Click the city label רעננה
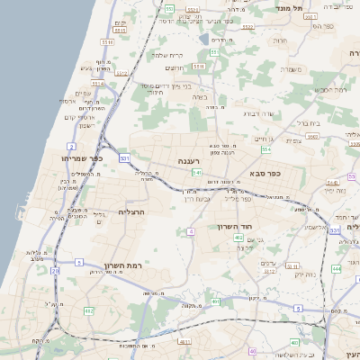[x=189, y=160]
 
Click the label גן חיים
[x=264, y=139]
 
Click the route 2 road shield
[x=71, y=145]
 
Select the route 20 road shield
[x=56, y=270]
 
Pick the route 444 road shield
[x=336, y=268]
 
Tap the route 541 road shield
[x=195, y=172]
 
